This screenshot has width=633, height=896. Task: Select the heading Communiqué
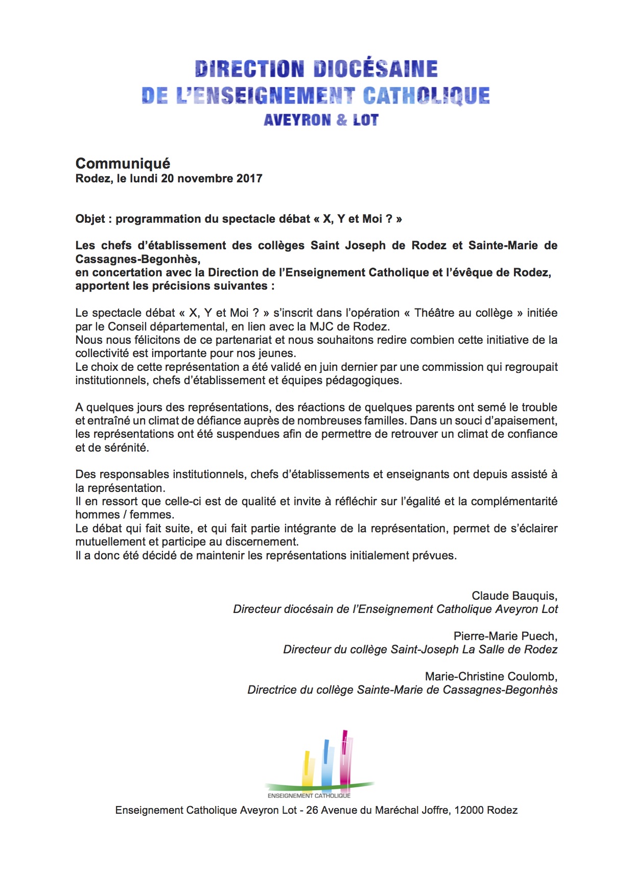(123, 163)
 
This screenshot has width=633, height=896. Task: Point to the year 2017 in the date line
(249, 178)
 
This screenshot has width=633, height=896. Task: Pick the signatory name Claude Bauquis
(513, 596)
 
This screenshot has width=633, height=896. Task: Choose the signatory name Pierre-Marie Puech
(504, 636)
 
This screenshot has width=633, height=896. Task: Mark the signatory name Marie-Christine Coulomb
(490, 676)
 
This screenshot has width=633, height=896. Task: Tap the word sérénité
(126, 447)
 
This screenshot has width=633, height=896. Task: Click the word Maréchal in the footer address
(397, 810)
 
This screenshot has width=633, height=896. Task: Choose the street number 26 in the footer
(312, 810)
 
